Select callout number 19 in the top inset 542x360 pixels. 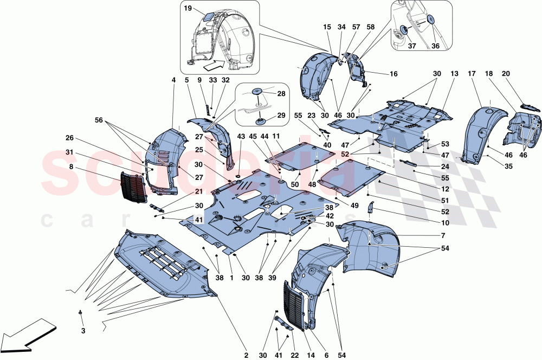click(188, 9)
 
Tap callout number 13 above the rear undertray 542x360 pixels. click(454, 73)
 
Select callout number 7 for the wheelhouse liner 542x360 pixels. click(443, 236)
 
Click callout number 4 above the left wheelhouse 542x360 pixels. click(173, 80)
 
